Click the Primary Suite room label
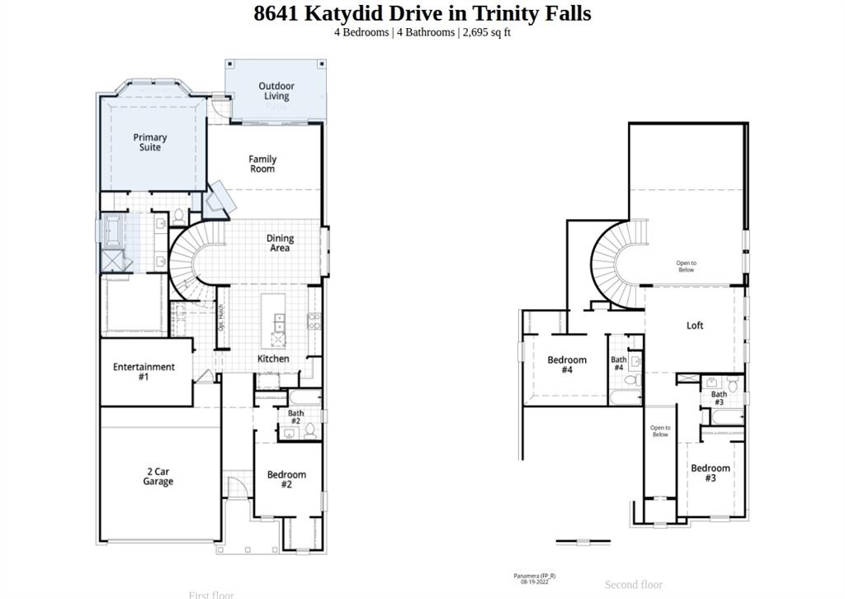tap(150, 142)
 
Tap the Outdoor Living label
tap(276, 91)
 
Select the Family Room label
tap(262, 164)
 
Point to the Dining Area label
tap(280, 243)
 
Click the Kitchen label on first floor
tap(273, 359)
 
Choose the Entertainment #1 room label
tap(144, 372)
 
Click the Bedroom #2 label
tap(286, 479)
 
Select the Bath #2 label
tap(295, 417)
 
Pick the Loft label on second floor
tap(695, 326)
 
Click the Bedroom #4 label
tap(567, 364)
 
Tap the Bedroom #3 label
tap(710, 473)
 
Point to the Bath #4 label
tap(619, 364)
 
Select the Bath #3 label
tap(720, 398)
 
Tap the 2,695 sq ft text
tap(486, 32)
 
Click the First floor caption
tap(211, 594)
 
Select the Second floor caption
tap(634, 584)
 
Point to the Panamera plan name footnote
tap(535, 576)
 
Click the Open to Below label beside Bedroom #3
tap(660, 431)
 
